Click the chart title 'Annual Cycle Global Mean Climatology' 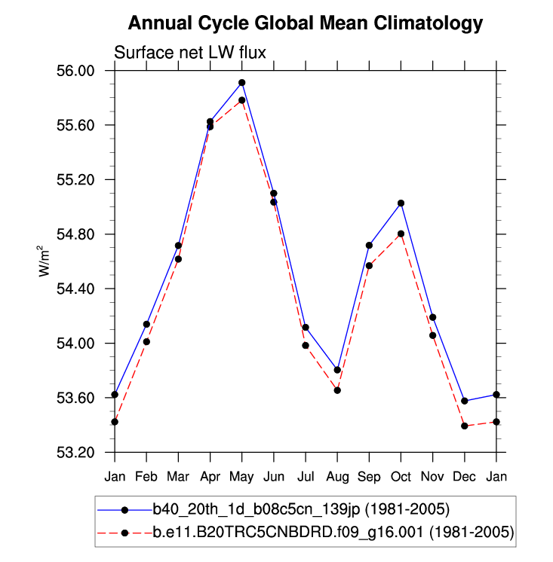click(x=305, y=23)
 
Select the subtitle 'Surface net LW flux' click(x=190, y=52)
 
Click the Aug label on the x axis click(x=337, y=477)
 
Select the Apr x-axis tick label click(x=210, y=477)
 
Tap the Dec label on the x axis click(x=465, y=477)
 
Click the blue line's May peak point click(x=242, y=82)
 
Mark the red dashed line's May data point click(x=242, y=100)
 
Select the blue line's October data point click(x=401, y=203)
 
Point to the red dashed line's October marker click(x=401, y=234)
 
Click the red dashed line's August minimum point click(x=337, y=390)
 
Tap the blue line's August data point click(x=337, y=370)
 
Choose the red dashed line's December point click(x=465, y=426)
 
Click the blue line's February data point click(x=146, y=324)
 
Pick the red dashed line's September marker click(x=370, y=265)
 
